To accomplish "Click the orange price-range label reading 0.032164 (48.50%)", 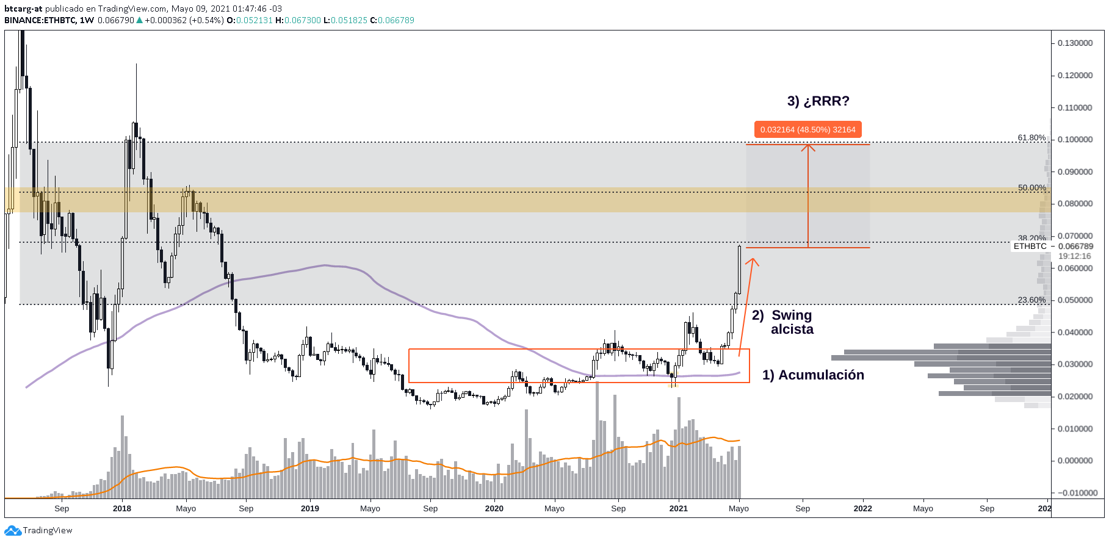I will [x=807, y=129].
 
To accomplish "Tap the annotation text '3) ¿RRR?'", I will [x=818, y=101].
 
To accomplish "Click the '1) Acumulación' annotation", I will [x=813, y=375].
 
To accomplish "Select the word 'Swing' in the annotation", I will [x=792, y=315].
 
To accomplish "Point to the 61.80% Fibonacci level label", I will [x=1031, y=138].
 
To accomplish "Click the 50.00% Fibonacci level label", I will [x=1031, y=188].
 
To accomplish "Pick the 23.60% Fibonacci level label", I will [x=1031, y=300].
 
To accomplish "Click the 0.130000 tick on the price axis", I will [x=1075, y=43].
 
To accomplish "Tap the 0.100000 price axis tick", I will [x=1075, y=140].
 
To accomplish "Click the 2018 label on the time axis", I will [x=122, y=509].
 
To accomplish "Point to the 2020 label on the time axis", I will [x=494, y=509].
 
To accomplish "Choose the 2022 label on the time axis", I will [x=862, y=509].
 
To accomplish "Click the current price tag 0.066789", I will [x=1075, y=246].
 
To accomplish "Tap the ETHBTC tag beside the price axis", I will [x=1030, y=246].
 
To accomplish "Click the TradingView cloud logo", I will [x=13, y=531].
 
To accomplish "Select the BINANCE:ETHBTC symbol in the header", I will [x=40, y=20].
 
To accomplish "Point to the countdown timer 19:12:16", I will [x=1074, y=256].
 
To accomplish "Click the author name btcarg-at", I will [x=23, y=9].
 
